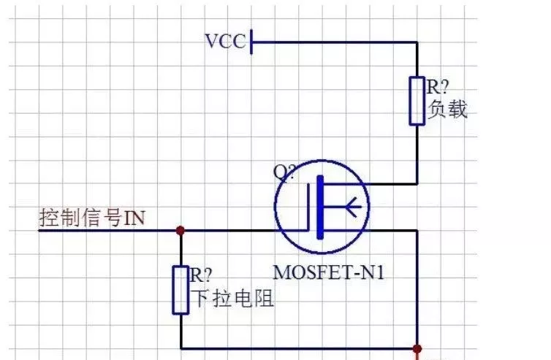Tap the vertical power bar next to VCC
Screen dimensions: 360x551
coord(251,42)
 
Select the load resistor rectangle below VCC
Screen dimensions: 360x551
coord(417,100)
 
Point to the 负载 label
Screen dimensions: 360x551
coord(447,110)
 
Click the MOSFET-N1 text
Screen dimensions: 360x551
coord(328,273)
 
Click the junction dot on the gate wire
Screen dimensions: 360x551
coord(180,231)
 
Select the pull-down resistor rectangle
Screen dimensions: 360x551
coord(180,290)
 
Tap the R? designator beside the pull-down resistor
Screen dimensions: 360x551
coord(202,275)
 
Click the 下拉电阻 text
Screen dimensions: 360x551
coord(232,298)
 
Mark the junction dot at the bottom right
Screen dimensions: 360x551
coord(417,348)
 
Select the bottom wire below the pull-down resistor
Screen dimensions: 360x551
coord(292,348)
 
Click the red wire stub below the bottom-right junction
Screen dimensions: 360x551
coord(417,356)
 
